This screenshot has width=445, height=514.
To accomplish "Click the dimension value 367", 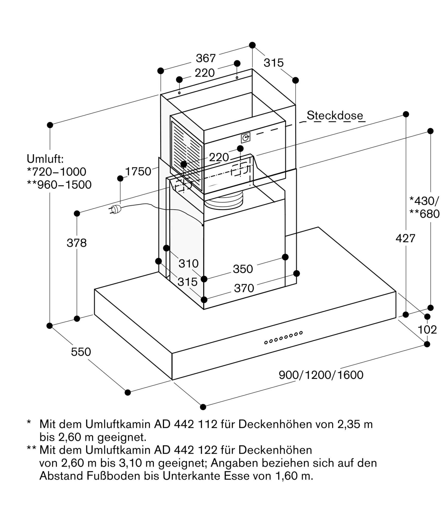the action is (x=206, y=58).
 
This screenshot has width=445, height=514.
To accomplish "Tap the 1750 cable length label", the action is (x=138, y=171).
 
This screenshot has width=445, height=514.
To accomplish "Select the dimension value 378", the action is (x=77, y=243).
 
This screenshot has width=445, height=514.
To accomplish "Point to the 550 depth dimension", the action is (x=81, y=352).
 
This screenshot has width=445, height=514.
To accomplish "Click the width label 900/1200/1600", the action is (x=321, y=375).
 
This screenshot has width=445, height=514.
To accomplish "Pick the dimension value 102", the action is (x=427, y=330).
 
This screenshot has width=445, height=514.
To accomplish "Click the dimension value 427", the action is (x=406, y=238).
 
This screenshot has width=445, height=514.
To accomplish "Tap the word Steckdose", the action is (x=335, y=116).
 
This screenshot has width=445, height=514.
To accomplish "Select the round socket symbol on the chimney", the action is (x=246, y=138).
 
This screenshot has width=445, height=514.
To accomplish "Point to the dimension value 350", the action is (x=243, y=269).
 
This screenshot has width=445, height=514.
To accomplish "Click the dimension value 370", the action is (x=244, y=288).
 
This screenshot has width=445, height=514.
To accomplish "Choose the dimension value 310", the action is (x=189, y=263).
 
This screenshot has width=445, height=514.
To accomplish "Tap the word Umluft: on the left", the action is (x=45, y=159).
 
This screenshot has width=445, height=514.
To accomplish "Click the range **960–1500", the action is (x=59, y=185).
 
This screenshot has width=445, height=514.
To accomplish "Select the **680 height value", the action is (x=424, y=214).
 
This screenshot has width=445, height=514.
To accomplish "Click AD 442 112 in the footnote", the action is (x=186, y=424).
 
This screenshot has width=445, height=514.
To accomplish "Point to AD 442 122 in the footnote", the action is (x=186, y=450).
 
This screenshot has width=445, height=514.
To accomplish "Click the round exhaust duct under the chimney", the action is (x=223, y=203).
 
